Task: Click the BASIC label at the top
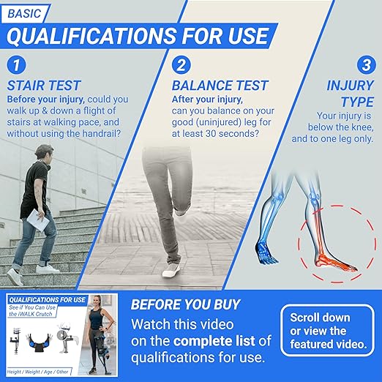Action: click(27, 12)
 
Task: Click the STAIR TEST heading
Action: click(45, 86)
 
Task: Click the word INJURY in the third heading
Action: click(348, 86)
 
